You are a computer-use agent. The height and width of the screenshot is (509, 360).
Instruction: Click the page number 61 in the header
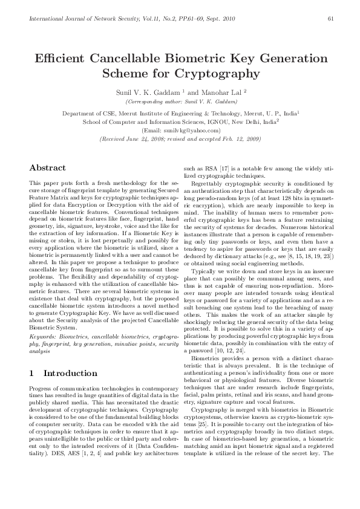[x=330, y=18]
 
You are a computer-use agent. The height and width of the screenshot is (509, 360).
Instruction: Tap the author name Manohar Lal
[x=221, y=93]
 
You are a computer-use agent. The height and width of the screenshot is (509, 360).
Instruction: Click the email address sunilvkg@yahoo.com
[x=180, y=130]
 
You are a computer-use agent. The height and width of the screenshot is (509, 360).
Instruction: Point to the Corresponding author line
[x=180, y=103]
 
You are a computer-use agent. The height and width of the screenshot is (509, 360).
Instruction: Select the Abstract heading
[x=48, y=167]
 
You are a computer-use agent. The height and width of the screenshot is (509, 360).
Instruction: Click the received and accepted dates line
[x=180, y=138]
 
